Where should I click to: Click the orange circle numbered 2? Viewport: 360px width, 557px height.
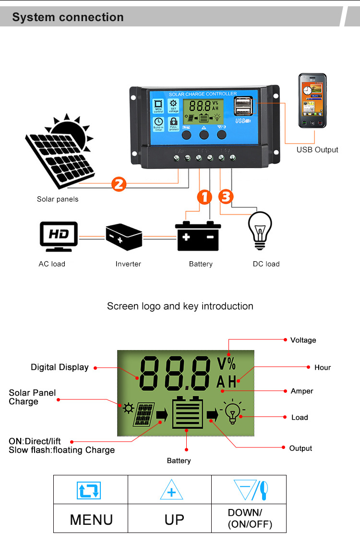point(119,184)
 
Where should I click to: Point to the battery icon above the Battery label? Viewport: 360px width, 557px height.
point(198,236)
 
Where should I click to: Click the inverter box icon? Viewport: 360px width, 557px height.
point(124,236)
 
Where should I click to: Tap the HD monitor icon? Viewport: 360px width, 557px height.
point(59,236)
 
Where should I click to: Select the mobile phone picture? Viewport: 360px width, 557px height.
point(312,101)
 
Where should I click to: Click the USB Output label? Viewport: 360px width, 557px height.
point(317,150)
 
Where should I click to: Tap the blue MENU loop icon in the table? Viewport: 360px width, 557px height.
point(89,490)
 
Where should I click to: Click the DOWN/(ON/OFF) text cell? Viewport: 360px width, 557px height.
point(250,519)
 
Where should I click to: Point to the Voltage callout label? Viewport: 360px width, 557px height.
point(303,340)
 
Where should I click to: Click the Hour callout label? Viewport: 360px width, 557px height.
point(323,367)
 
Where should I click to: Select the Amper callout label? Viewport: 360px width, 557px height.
point(301,391)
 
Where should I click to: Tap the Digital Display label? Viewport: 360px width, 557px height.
point(60,367)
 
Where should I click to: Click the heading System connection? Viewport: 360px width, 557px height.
point(68,17)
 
